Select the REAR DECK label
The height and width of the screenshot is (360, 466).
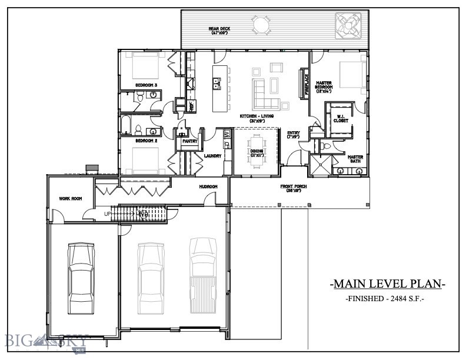(x=218, y=31)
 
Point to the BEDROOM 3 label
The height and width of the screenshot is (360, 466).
(x=145, y=85)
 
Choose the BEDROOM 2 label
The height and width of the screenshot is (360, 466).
(x=147, y=141)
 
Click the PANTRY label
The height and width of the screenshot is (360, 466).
(x=189, y=141)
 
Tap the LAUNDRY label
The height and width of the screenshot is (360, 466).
(x=212, y=156)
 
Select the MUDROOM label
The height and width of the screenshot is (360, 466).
(x=208, y=186)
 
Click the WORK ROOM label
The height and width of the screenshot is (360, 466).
(x=70, y=198)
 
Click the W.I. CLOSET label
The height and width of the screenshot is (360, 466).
(x=340, y=118)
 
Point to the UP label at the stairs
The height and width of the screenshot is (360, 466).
(x=108, y=213)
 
